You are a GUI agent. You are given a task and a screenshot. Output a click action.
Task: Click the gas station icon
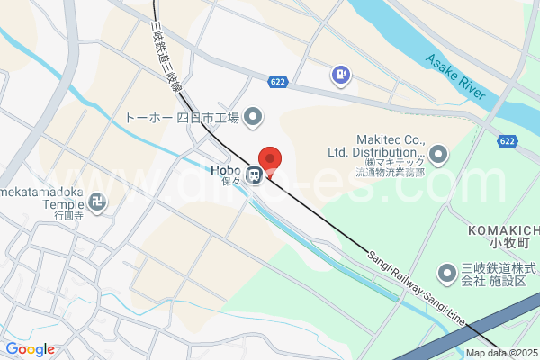click(x=342, y=75)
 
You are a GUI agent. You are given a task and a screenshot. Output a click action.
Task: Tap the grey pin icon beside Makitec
click(x=438, y=156)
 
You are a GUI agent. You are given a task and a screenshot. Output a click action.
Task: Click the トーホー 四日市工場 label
click(x=181, y=117)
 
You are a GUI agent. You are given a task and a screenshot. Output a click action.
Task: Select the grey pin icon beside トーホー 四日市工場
click(x=253, y=117)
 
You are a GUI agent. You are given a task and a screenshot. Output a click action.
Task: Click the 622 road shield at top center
click(x=280, y=81)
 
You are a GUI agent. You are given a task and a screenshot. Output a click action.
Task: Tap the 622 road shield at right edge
click(x=508, y=141)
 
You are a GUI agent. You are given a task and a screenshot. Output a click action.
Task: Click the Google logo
click(x=30, y=349)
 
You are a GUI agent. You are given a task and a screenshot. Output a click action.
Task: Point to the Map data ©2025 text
click(x=500, y=353)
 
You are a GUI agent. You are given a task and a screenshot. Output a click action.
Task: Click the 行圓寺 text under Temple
click(x=68, y=217)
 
